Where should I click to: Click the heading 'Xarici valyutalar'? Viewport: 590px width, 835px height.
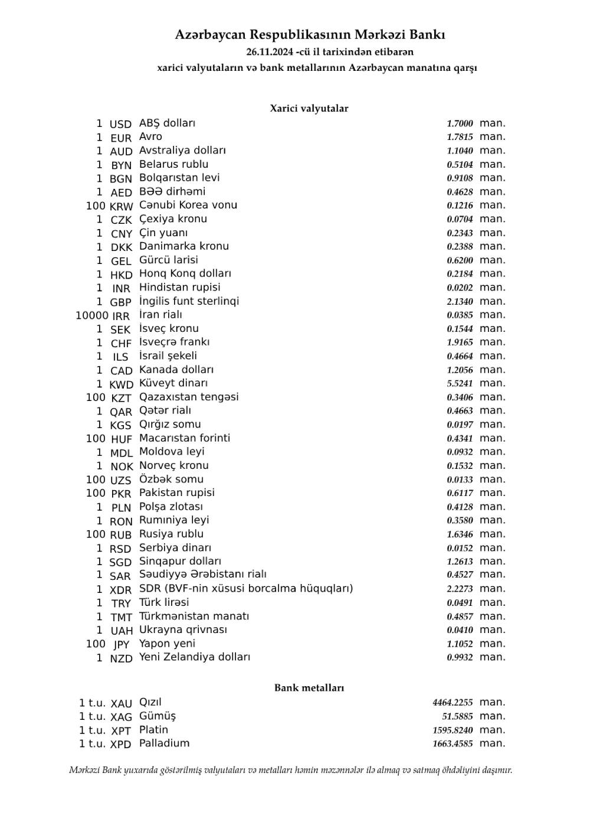click(309, 109)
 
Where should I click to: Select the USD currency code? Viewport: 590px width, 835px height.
click(120, 125)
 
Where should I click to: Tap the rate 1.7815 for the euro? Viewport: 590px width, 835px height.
click(460, 137)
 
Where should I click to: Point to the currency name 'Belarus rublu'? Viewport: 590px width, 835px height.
click(173, 164)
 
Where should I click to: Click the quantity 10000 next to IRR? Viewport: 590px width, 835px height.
click(91, 315)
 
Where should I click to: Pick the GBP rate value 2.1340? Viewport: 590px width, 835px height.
click(460, 302)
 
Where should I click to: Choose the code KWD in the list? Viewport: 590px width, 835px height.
click(122, 384)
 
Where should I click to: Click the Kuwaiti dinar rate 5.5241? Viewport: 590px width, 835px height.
click(460, 384)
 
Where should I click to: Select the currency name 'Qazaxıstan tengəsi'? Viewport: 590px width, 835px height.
click(189, 397)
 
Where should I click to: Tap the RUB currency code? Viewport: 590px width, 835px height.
click(120, 535)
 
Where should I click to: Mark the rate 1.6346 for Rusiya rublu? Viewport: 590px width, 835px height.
click(460, 534)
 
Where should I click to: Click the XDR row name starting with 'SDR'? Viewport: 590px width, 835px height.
click(246, 589)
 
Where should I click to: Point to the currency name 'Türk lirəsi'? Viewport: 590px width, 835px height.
click(164, 602)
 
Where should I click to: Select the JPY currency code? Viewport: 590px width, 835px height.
click(121, 645)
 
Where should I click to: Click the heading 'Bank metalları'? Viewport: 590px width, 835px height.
click(309, 688)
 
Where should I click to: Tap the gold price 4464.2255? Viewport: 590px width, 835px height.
click(453, 703)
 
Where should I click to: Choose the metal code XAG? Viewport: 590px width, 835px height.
click(121, 717)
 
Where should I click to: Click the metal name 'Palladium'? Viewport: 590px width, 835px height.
click(164, 743)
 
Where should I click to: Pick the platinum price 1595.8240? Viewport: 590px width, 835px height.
click(453, 730)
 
